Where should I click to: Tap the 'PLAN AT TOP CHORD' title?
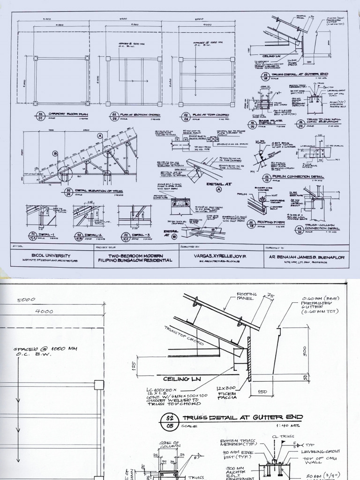pyautogui.click(x=210, y=114)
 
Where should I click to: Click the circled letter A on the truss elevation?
pyautogui.click(x=100, y=135)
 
